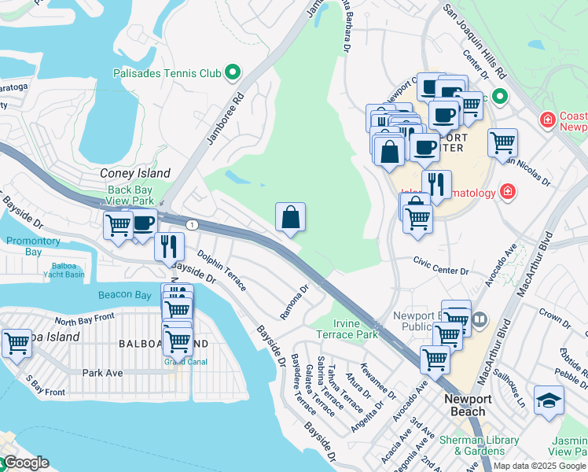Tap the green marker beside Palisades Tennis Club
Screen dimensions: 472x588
point(233,74)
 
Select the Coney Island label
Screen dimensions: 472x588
point(135,173)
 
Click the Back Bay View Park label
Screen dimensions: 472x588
point(131,195)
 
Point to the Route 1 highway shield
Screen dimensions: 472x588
point(191,225)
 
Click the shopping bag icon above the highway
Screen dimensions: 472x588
point(290,217)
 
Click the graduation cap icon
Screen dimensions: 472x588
point(548,400)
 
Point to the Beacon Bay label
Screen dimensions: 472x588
point(124,295)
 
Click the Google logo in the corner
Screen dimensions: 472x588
point(26,463)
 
